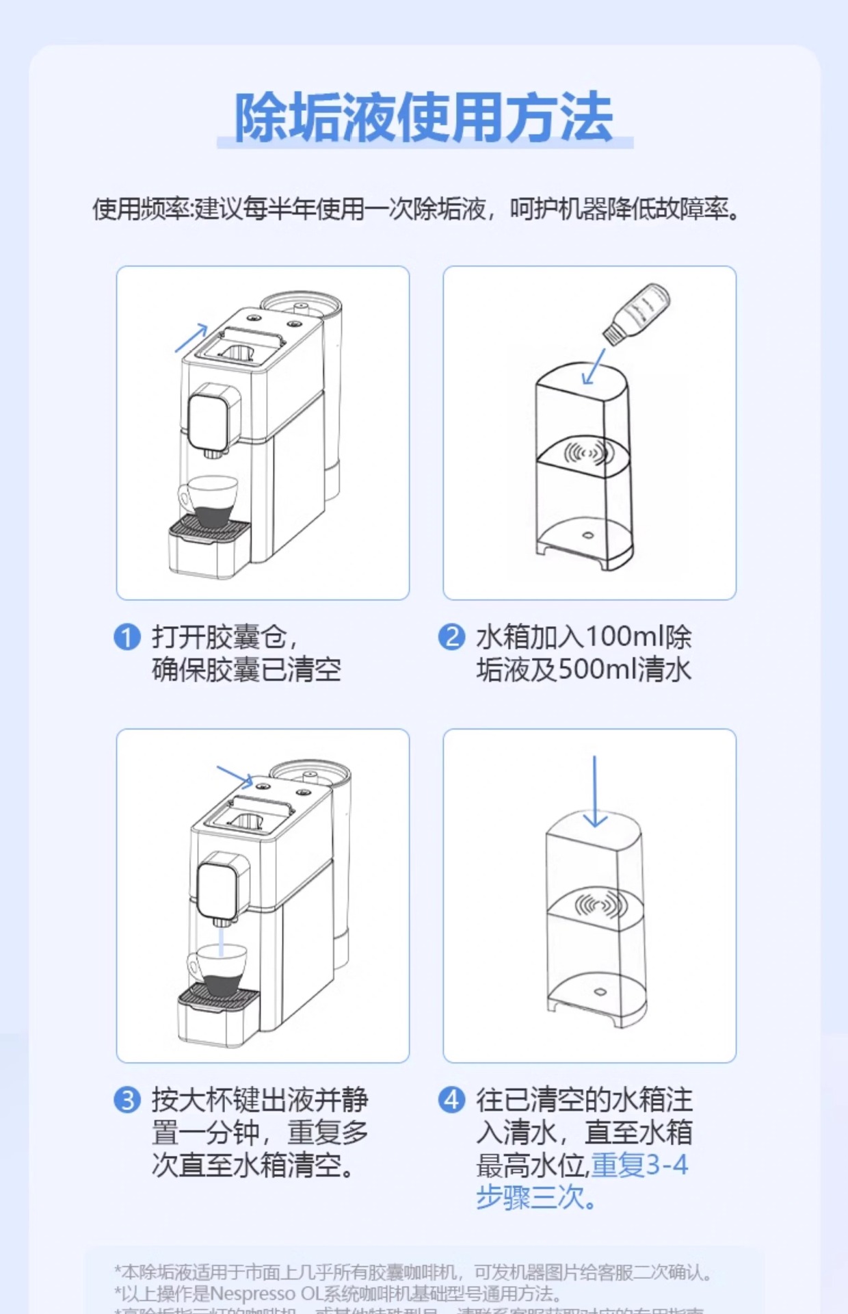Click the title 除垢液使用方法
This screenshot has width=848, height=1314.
point(424,118)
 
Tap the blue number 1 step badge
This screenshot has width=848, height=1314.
point(127,637)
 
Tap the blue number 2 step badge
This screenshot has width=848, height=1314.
point(451,637)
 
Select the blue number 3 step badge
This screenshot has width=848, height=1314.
point(127,1100)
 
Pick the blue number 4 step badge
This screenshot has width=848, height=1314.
point(451,1100)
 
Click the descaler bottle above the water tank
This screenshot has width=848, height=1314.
point(636,313)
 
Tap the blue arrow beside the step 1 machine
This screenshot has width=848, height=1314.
point(192,337)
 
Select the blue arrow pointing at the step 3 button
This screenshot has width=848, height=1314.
point(235,776)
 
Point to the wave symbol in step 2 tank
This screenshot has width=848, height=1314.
point(587,453)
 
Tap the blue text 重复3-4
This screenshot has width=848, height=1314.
point(640,1165)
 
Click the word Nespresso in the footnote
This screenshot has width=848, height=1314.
point(252,1293)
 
